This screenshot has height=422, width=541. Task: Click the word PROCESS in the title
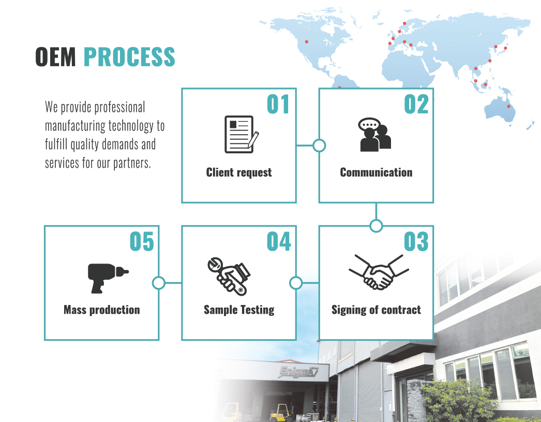[x=129, y=57]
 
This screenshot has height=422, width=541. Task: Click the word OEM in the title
[x=56, y=57]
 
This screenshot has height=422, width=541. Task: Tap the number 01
[x=278, y=105]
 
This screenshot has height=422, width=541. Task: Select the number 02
[x=416, y=105]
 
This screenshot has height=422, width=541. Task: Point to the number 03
[x=416, y=242]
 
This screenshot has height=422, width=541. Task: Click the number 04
[x=279, y=242]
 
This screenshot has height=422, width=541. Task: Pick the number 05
[x=142, y=242]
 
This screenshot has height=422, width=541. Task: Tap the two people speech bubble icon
[x=375, y=135]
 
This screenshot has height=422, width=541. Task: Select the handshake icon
[x=378, y=272]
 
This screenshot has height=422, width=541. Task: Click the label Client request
[x=239, y=172]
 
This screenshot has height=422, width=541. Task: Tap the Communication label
[x=376, y=172]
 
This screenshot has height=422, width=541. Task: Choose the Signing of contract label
[x=376, y=310]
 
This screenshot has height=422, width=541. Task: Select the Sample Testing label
[x=239, y=310]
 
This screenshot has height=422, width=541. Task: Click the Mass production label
[x=102, y=310]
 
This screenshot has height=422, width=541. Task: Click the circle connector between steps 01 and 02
[x=319, y=145]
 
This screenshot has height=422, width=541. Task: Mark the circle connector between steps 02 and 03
[x=376, y=226]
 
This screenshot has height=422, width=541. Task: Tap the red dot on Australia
[x=508, y=107]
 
